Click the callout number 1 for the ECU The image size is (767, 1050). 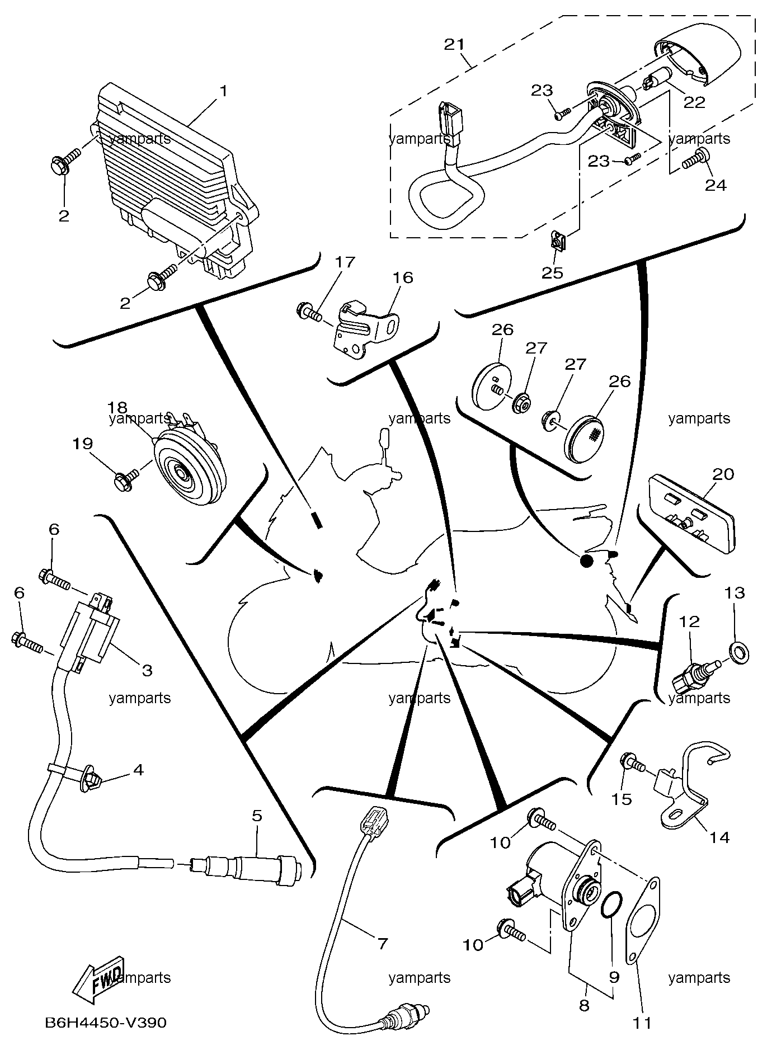coord(223,91)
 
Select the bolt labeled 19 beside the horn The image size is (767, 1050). coord(124,480)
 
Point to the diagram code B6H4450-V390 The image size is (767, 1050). coord(106,1023)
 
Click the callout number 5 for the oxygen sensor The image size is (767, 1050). coord(256,816)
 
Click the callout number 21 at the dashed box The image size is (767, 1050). coord(455,44)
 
